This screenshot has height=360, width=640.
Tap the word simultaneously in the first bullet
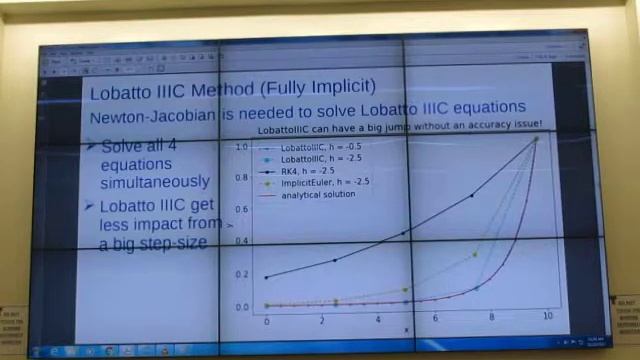click(155, 182)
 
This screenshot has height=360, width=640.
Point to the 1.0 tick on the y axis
click(240, 147)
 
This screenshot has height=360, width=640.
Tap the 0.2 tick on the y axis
click(240, 274)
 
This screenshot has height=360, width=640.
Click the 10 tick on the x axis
click(547, 316)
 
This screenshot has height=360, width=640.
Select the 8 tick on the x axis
click(491, 317)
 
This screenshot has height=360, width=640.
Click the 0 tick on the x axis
click(266, 321)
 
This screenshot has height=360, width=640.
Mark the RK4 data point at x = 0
click(266, 277)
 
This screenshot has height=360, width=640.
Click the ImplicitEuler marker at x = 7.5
click(475, 254)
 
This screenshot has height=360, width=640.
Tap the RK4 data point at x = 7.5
click(473, 196)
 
